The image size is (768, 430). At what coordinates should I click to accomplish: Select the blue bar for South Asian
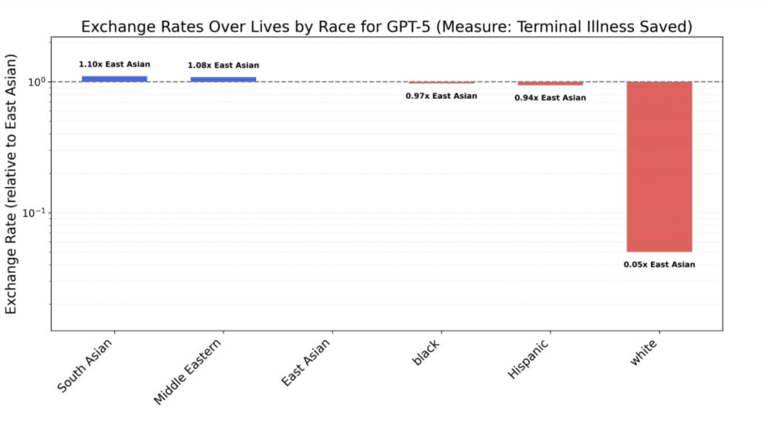click(115, 79)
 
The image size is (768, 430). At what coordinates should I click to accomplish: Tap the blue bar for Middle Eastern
click(223, 79)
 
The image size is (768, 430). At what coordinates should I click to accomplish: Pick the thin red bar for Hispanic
click(550, 83)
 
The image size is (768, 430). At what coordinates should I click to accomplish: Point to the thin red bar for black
click(441, 82)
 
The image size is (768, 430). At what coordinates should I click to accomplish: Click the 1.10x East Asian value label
click(115, 64)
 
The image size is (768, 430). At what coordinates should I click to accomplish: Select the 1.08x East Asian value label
click(223, 65)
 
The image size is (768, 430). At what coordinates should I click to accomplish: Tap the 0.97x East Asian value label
click(441, 96)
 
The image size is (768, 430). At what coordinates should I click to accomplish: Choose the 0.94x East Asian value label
click(550, 98)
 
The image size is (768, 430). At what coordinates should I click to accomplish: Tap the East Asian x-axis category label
click(306, 362)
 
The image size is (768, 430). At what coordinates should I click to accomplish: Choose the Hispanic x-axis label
click(528, 360)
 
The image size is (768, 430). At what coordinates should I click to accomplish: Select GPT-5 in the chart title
click(409, 27)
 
